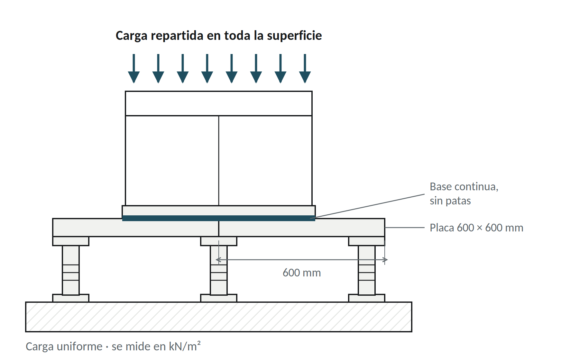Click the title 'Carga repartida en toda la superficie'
coord(219,36)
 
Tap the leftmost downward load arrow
coord(134,68)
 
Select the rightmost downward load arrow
coord(305,68)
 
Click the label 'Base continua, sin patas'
coord(464,194)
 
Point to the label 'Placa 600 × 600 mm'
coord(476,228)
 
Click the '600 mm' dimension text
coord(302,273)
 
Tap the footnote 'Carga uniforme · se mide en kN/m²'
coord(113,346)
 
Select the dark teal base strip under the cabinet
coord(219,218)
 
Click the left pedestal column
coord(71,270)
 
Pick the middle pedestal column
coord(219,270)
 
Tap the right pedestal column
coord(367,270)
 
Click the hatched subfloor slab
coord(219,317)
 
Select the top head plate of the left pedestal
coord(71,241)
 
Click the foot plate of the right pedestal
coord(367,298)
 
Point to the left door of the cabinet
coord(172,161)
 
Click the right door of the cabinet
coord(265,161)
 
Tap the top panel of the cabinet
coord(219,104)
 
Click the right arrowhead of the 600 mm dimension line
coord(385,260)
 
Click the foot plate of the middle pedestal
coord(219,298)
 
